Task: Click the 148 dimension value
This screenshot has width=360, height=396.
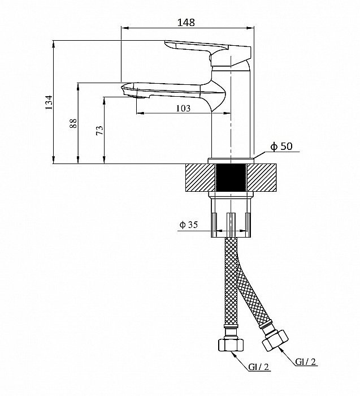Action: click(x=186, y=23)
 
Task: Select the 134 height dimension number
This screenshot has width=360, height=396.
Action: click(x=49, y=103)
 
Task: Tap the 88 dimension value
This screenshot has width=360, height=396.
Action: click(x=73, y=124)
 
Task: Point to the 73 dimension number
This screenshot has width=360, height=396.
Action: click(x=99, y=130)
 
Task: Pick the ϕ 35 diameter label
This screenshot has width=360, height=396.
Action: click(x=188, y=225)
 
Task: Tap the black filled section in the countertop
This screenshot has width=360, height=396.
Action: click(x=231, y=178)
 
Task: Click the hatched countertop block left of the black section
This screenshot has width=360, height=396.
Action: click(x=200, y=178)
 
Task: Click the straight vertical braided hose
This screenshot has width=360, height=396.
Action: click(x=231, y=283)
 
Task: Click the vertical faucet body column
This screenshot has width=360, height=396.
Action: click(x=232, y=124)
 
